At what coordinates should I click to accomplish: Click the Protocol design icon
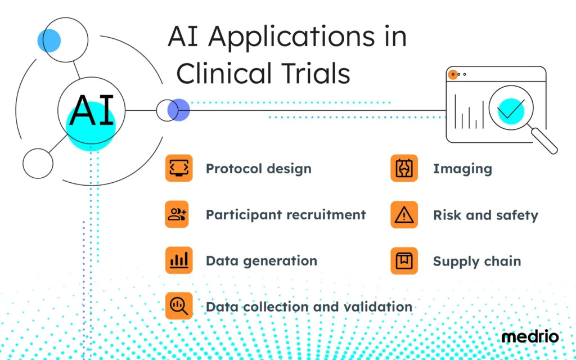(x=179, y=168)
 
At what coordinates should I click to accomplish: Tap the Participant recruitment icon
(x=179, y=214)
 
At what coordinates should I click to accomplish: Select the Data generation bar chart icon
(x=179, y=260)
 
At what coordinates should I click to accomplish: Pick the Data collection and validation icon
(x=179, y=306)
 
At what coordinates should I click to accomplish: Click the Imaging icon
(x=404, y=168)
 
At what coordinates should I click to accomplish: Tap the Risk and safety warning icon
(x=404, y=214)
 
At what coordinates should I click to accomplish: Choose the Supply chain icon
(x=404, y=260)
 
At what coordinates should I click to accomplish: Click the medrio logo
(x=530, y=337)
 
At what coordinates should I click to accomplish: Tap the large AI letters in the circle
(x=92, y=110)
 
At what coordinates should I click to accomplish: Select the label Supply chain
(x=476, y=262)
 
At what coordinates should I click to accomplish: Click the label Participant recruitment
(x=286, y=215)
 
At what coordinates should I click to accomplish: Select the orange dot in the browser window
(x=452, y=74)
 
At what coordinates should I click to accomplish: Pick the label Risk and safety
(x=485, y=215)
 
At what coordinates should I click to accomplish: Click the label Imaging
(x=462, y=169)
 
